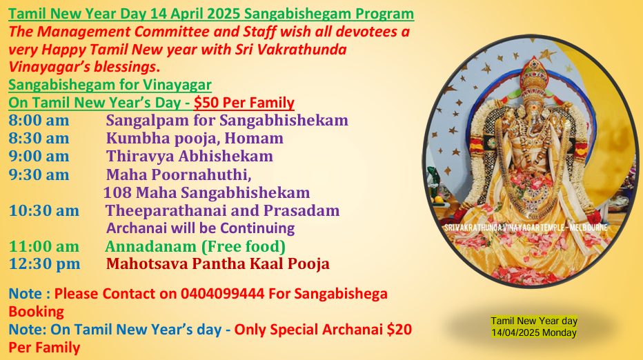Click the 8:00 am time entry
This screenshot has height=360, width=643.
tap(39, 121)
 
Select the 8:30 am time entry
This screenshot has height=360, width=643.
tap(39, 139)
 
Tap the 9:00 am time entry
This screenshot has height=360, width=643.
tap(39, 157)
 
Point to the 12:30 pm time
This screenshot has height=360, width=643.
tap(44, 264)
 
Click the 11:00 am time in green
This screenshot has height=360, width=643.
tap(44, 247)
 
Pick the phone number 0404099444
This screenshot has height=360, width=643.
tap(223, 294)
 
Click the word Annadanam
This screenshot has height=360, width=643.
tap(150, 247)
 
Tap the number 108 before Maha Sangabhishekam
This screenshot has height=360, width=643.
tap(117, 192)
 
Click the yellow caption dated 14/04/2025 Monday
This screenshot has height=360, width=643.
tap(534, 327)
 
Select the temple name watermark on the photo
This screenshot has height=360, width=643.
tap(526, 228)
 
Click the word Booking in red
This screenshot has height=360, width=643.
tap(36, 312)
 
